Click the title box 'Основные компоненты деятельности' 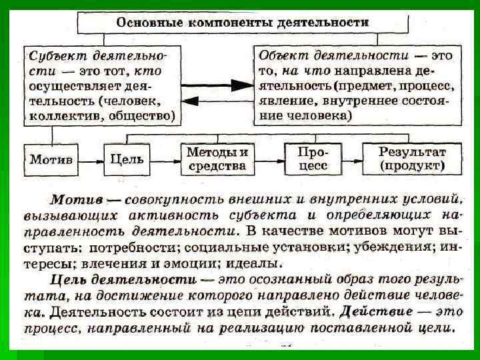click(x=243, y=22)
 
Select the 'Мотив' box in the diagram click(x=51, y=160)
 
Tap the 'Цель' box click(x=127, y=160)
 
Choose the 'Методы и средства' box click(x=217, y=159)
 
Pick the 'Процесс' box click(x=313, y=159)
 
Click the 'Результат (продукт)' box click(x=412, y=159)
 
